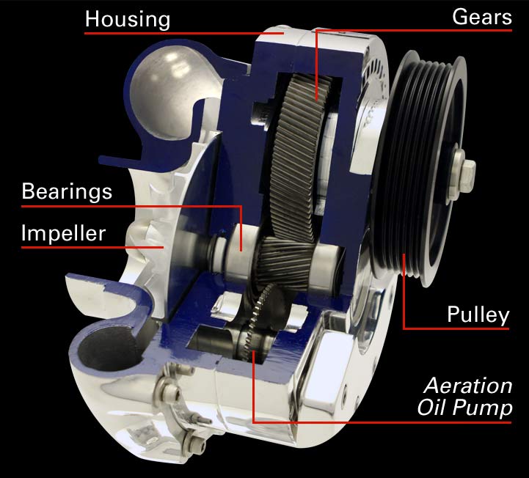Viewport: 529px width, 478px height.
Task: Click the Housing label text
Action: [x=128, y=19]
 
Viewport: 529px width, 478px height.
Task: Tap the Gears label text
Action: [x=482, y=17]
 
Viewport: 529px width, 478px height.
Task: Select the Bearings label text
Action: [x=67, y=192]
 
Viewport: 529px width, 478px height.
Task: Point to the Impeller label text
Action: [x=63, y=233]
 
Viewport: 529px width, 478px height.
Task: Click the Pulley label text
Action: [x=478, y=315]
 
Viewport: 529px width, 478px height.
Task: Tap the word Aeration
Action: [x=468, y=386]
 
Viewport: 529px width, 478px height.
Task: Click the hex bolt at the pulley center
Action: [x=464, y=173]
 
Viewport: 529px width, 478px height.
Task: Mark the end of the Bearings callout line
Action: [x=241, y=251]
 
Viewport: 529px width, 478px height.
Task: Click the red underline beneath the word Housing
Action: [x=184, y=33]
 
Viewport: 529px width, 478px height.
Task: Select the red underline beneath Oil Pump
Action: [x=382, y=422]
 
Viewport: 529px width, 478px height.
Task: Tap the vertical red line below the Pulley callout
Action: [x=404, y=291]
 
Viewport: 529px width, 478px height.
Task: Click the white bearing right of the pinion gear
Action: [x=328, y=266]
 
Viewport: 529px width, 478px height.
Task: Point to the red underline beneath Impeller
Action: [x=92, y=247]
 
